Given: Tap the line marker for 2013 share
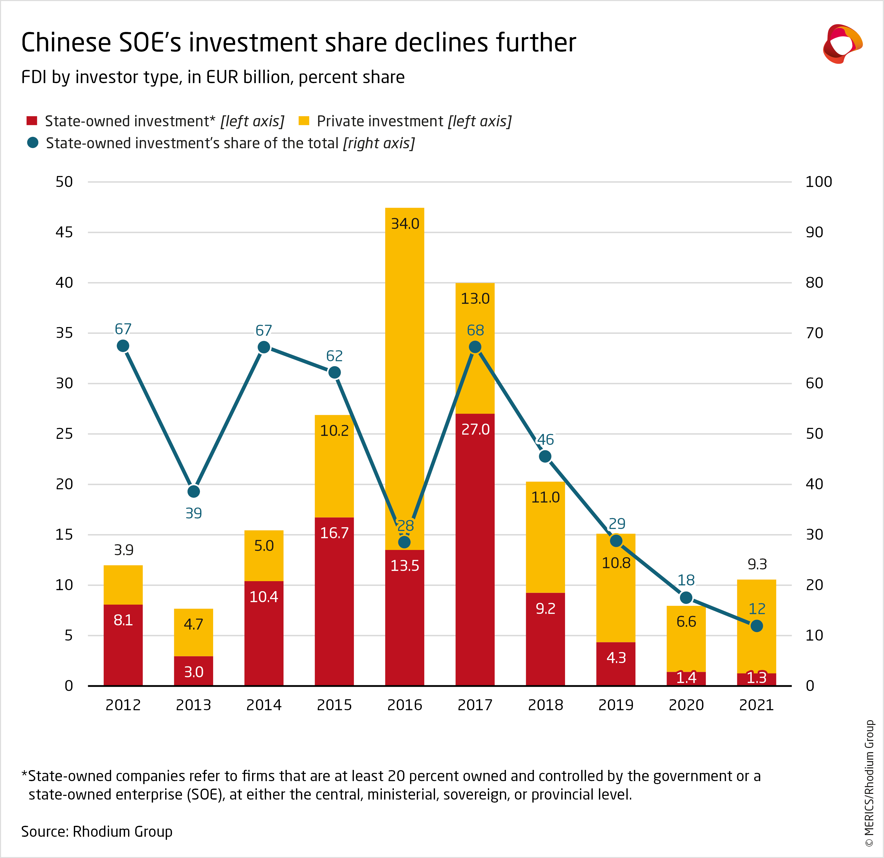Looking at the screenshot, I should [x=193, y=491].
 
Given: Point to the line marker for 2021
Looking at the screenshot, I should [x=756, y=626].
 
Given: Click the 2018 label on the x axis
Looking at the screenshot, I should [x=545, y=705].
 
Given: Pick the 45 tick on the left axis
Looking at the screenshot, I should [x=64, y=232].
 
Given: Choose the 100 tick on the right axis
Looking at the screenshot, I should [x=818, y=182].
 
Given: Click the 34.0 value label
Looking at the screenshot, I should [x=405, y=224].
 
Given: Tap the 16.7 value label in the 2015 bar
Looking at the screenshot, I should [x=334, y=533].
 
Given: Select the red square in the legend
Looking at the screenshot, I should [x=31, y=121].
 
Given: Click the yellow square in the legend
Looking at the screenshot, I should [x=304, y=121].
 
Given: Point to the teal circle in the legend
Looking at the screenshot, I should [x=32, y=143].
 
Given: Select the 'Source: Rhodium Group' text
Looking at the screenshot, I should [x=97, y=831].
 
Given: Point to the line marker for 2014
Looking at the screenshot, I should [x=264, y=347].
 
